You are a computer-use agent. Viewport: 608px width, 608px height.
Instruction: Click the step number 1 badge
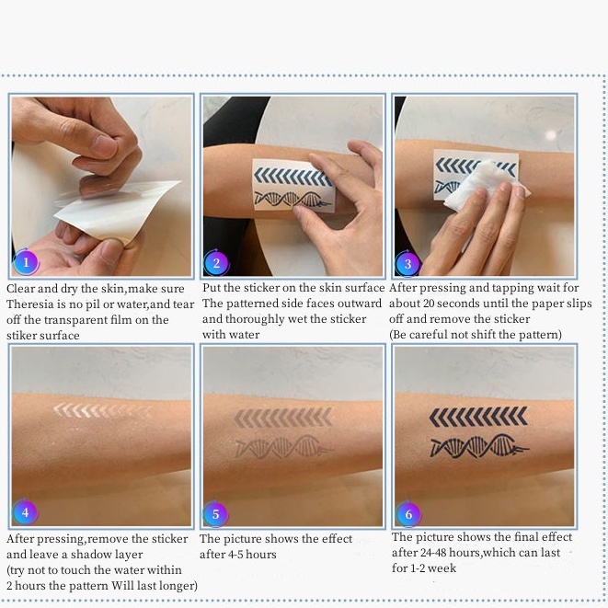coord(26,262)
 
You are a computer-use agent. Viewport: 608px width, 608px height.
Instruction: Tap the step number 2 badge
coord(216,263)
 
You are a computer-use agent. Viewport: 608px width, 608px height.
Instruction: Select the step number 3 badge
coord(407,264)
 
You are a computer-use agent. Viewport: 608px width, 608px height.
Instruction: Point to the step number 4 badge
coord(25,511)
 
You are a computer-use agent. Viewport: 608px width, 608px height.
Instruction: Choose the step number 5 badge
coord(215,514)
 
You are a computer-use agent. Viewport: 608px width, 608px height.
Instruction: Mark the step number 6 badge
coord(408,514)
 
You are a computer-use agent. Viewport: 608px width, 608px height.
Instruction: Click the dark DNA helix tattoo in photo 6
coord(479,446)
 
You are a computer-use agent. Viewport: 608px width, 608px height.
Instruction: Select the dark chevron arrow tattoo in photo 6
coord(478,417)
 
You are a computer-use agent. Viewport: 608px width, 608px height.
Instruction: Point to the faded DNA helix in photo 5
coord(284,447)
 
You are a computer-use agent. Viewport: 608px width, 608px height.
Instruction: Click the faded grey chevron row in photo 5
coord(283,418)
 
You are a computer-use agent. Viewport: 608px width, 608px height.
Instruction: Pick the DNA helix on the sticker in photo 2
coord(293,199)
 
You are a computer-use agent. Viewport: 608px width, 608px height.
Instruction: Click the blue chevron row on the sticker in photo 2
coord(293,177)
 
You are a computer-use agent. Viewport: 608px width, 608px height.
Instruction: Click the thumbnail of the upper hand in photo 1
coord(103,144)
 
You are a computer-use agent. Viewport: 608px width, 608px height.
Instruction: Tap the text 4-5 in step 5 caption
coord(236,555)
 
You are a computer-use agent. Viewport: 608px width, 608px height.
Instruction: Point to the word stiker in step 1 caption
coord(22,336)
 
